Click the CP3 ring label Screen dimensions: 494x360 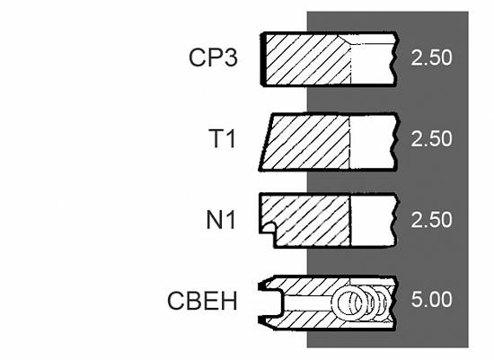point(213,57)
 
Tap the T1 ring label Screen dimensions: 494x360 point(222,138)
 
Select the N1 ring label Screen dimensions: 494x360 point(221,220)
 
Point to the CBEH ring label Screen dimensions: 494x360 point(202,301)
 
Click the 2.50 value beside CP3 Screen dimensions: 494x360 point(431,57)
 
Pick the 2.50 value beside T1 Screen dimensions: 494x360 point(431,138)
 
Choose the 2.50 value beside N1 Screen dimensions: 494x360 point(431,220)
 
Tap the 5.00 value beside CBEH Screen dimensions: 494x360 point(431,299)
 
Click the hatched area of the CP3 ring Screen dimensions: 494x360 point(307,59)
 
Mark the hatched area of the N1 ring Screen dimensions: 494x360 point(311,221)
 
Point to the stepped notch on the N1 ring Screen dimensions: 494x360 point(267,227)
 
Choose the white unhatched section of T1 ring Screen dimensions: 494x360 point(372,143)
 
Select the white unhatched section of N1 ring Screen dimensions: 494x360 point(373,221)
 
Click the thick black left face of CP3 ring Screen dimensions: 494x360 point(263,59)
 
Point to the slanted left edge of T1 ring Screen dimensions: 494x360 point(266,143)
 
